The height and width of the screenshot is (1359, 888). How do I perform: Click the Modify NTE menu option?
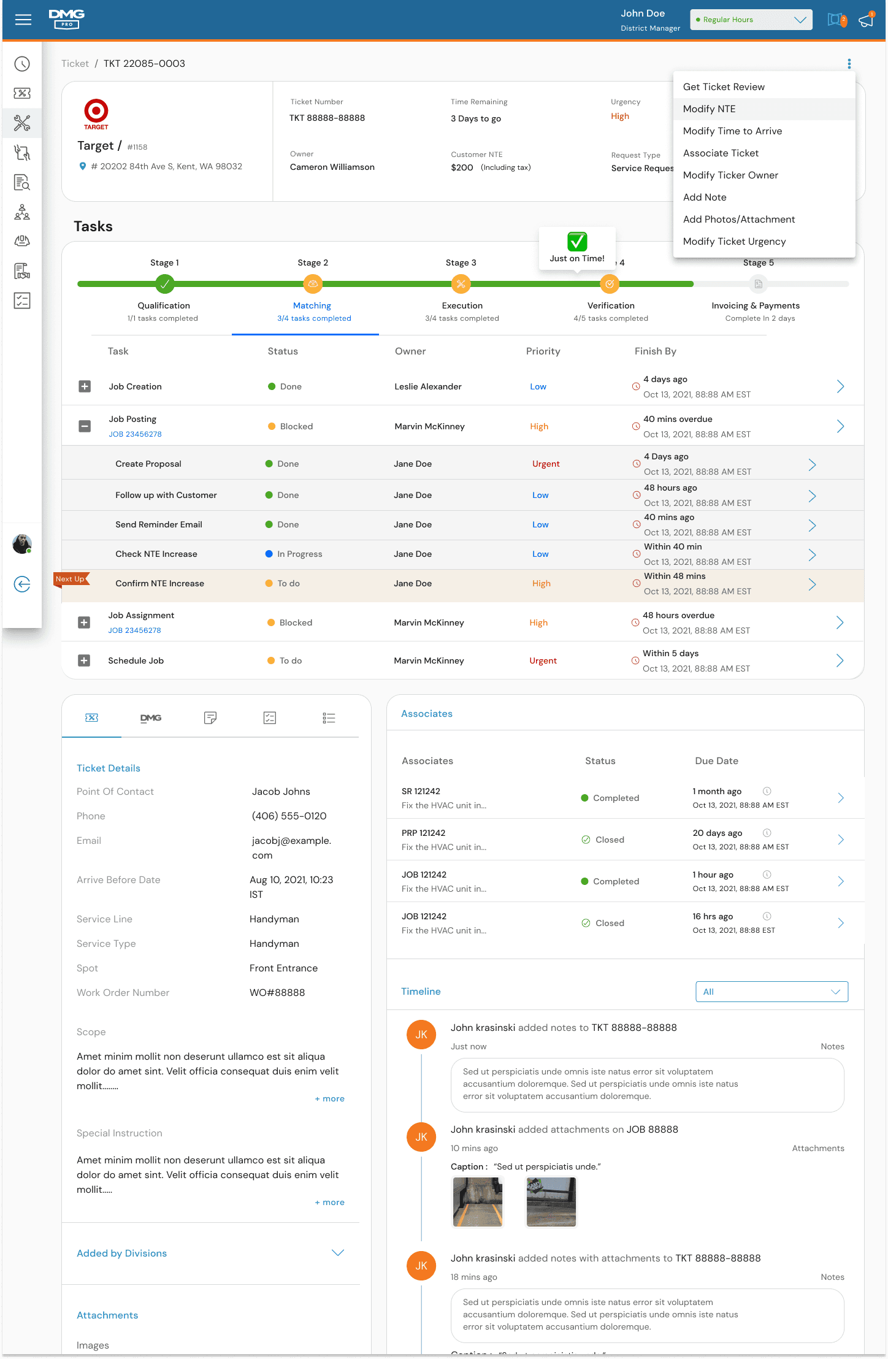tap(709, 109)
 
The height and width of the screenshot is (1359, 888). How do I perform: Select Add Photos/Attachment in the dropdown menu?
tap(739, 219)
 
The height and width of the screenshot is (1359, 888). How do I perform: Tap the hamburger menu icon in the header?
tap(23, 20)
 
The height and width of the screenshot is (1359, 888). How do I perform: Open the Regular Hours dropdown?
tap(751, 20)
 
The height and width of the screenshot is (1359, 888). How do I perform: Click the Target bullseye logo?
tap(96, 111)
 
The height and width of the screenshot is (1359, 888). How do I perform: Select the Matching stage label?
tap(312, 305)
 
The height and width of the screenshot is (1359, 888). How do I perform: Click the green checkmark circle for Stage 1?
tap(164, 284)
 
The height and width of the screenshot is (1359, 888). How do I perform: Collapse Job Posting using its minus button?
tap(85, 426)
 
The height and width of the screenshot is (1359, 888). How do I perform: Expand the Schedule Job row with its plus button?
tap(84, 660)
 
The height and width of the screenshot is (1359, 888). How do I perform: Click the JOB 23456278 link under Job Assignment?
tap(134, 630)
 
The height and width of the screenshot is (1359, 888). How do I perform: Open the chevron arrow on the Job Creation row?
tap(840, 386)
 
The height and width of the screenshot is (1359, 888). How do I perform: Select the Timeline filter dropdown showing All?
tap(771, 992)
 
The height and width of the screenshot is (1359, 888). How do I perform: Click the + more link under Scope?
tap(329, 1098)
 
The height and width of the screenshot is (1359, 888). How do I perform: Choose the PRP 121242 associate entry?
tap(423, 833)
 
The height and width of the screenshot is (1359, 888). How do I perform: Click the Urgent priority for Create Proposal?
tap(546, 464)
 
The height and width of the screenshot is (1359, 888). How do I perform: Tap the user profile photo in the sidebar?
tap(22, 544)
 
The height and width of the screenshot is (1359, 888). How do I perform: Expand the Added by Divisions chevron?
tap(337, 1252)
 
